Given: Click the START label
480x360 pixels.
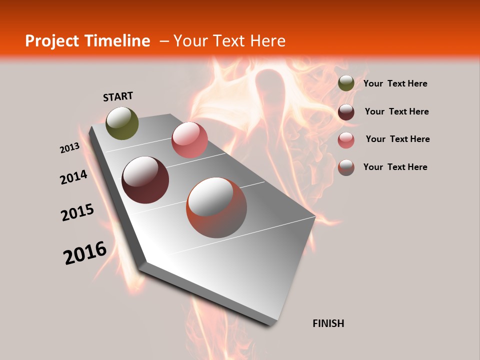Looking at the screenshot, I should pyautogui.click(x=118, y=96).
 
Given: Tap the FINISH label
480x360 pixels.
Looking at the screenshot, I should pyautogui.click(x=328, y=323).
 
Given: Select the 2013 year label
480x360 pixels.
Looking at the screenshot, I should pyautogui.click(x=69, y=148).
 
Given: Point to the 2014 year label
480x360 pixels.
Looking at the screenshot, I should pyautogui.click(x=73, y=177).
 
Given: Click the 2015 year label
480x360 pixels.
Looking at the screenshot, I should pyautogui.click(x=77, y=212).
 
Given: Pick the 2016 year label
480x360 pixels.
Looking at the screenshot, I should pyautogui.click(x=85, y=253).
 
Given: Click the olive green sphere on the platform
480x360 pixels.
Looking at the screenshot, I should pyautogui.click(x=122, y=123).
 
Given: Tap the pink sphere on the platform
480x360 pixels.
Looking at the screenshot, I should pyautogui.click(x=189, y=140).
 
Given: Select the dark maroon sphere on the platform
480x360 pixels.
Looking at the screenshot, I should pyautogui.click(x=145, y=180).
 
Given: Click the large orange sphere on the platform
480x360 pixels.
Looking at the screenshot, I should pyautogui.click(x=216, y=207).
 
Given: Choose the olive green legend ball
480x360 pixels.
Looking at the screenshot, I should pyautogui.click(x=345, y=83).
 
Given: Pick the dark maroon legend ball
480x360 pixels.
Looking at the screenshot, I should pyautogui.click(x=345, y=112).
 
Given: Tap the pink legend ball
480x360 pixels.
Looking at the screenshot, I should pyautogui.click(x=345, y=140).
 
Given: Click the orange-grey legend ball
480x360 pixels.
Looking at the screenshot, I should pyautogui.click(x=345, y=167).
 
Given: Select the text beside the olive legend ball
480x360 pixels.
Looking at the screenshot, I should pyautogui.click(x=395, y=83).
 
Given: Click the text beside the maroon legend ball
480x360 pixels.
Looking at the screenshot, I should pyautogui.click(x=396, y=111).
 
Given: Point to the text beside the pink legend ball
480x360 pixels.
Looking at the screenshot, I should pyautogui.click(x=397, y=139).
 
